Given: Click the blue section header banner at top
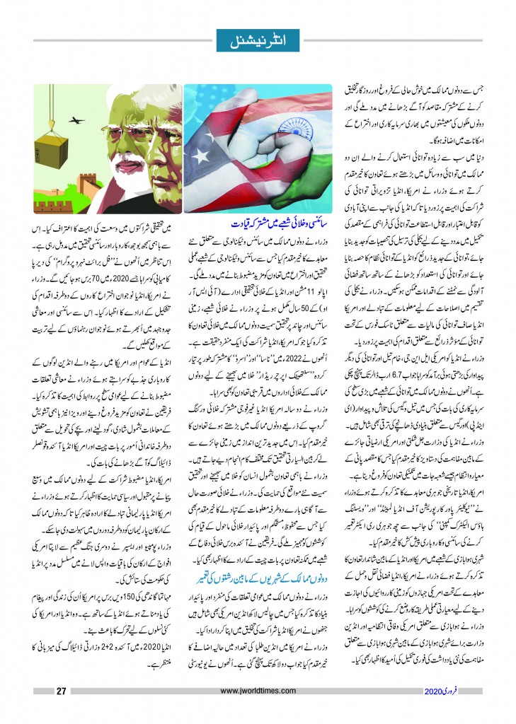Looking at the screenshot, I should [x=258, y=36].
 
